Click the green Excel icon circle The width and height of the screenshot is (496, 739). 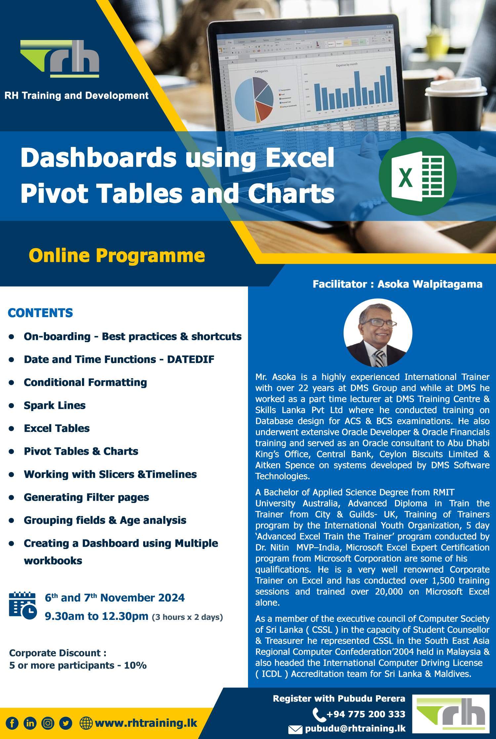tap(418, 177)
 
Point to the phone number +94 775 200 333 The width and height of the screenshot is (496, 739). tap(365, 714)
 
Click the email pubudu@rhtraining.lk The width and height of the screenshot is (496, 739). tap(355, 728)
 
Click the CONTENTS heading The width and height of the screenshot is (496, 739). tap(40, 313)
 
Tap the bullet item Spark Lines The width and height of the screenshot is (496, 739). tap(55, 405)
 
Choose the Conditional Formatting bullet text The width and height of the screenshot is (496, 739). tap(85, 382)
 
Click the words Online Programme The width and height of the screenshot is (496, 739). tap(117, 255)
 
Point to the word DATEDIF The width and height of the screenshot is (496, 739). tap(190, 359)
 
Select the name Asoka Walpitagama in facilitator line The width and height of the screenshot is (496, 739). tap(430, 284)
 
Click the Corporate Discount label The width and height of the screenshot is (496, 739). tap(58, 653)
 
